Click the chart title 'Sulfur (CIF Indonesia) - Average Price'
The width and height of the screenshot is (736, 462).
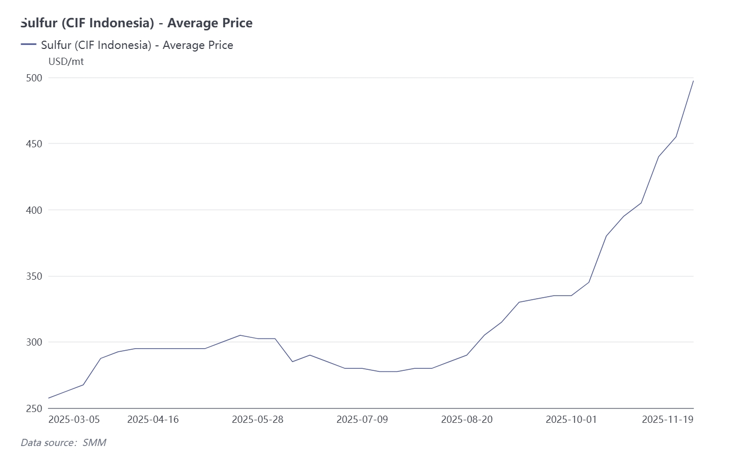coord(137,23)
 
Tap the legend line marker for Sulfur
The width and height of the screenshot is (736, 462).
coord(28,45)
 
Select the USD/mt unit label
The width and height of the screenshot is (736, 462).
coord(66,62)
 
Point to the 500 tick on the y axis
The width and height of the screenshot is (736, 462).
coord(35,78)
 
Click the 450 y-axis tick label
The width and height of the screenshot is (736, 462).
coord(35,144)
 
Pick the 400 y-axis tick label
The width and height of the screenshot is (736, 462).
coord(35,210)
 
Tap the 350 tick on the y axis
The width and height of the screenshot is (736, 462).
coord(35,276)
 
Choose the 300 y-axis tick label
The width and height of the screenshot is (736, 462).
coord(35,342)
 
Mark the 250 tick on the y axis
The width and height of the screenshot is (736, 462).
coord(35,408)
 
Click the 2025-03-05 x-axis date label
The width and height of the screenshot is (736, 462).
coord(74,419)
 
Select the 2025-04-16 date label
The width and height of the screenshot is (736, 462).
coord(153,419)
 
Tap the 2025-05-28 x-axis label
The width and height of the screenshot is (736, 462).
coord(258,419)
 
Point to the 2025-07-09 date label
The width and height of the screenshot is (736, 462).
coord(362,419)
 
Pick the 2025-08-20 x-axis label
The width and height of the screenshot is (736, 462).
coord(467,419)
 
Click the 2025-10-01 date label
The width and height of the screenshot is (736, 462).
coord(571,419)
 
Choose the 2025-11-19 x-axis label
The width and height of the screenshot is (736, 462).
coord(667,419)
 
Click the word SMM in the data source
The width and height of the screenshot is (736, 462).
coord(94,442)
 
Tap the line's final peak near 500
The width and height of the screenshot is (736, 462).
coord(693,81)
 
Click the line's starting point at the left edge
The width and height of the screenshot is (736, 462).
coord(49,398)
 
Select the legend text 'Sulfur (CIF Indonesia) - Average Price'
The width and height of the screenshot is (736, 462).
coord(137,45)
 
